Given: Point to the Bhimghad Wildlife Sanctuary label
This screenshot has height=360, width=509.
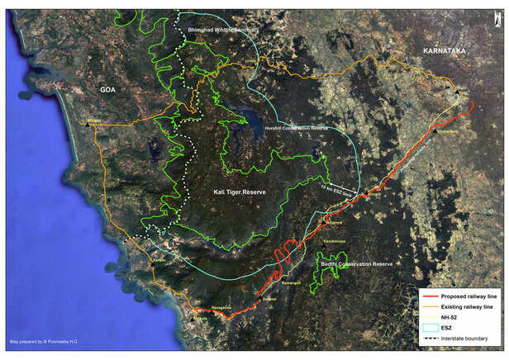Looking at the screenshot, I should (223, 30).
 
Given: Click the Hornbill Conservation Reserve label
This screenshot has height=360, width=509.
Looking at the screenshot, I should (297, 129).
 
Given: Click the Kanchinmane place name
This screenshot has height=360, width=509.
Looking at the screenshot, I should (336, 240).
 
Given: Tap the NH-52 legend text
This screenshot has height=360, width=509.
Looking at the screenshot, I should (450, 317).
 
